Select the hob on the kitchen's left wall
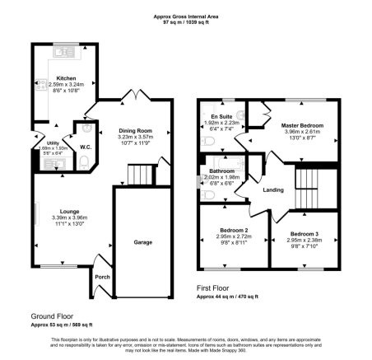(38, 83)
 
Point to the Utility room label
(52, 143)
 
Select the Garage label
(144, 243)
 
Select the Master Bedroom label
(305, 125)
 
